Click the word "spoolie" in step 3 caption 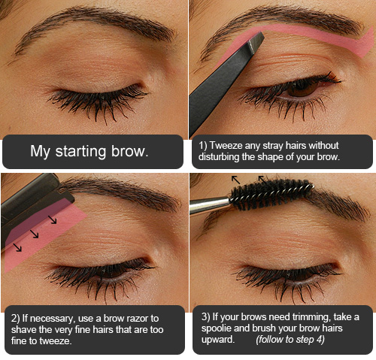[x=217, y=328]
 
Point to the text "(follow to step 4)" [x=290, y=340]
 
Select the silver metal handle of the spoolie [x=210, y=205]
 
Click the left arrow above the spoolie [x=235, y=180]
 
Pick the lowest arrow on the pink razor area [x=17, y=247]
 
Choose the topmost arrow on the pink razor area [x=53, y=219]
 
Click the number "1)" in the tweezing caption [x=202, y=146]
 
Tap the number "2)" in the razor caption [x=15, y=319]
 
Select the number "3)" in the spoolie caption [x=206, y=317]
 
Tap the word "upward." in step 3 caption [x=218, y=340]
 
